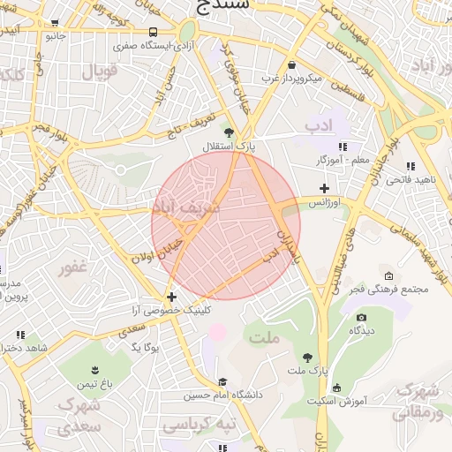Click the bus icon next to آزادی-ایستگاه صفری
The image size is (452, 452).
(154, 32)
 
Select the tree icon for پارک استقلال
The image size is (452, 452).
(230, 132)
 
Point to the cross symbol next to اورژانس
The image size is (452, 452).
(325, 188)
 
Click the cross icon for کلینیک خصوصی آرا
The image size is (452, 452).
(171, 297)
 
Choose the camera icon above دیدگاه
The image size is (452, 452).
(360, 318)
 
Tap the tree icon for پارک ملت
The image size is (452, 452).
(306, 358)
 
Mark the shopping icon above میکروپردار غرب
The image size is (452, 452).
(291, 64)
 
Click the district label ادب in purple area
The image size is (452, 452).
(322, 126)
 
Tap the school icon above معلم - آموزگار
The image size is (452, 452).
(342, 147)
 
